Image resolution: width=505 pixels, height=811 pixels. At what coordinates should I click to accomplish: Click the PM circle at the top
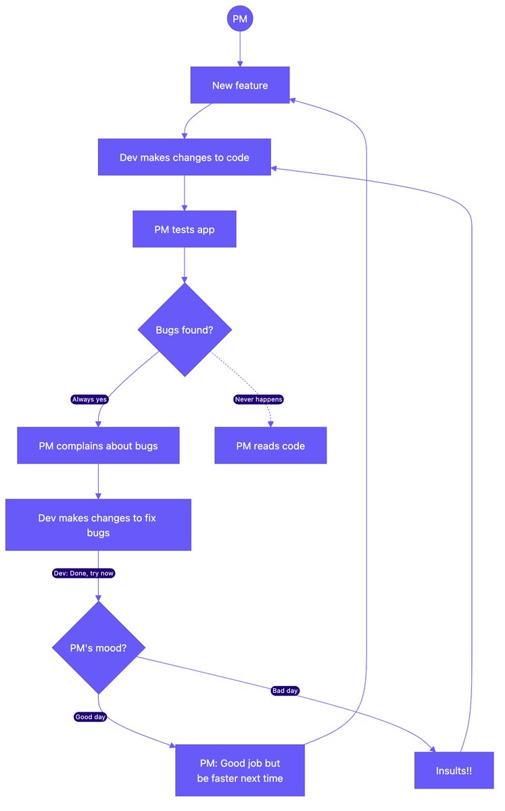click(x=240, y=18)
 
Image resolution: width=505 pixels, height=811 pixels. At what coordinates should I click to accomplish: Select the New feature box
click(x=240, y=85)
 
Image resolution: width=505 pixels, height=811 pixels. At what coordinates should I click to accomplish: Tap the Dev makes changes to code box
click(x=185, y=157)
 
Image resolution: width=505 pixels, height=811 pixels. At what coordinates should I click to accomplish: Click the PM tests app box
click(x=185, y=229)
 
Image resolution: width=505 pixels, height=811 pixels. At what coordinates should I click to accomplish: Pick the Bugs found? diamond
click(x=185, y=330)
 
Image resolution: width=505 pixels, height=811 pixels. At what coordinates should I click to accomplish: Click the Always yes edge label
click(x=89, y=399)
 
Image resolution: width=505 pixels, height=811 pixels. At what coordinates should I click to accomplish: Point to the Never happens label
click(x=258, y=399)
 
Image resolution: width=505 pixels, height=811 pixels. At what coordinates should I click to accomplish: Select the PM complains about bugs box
click(x=98, y=445)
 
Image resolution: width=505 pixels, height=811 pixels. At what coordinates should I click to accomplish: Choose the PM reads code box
click(x=270, y=445)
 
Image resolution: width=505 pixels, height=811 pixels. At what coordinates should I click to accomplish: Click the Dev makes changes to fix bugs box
click(x=98, y=525)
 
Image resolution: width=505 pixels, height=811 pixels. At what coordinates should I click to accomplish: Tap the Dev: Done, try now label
click(x=84, y=573)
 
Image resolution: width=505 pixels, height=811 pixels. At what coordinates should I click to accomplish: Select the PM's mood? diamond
click(x=99, y=647)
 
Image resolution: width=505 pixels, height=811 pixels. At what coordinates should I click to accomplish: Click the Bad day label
click(x=285, y=691)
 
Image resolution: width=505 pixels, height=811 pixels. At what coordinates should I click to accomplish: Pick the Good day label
click(x=90, y=717)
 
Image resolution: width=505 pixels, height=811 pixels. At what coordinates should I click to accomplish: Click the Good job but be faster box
click(x=240, y=770)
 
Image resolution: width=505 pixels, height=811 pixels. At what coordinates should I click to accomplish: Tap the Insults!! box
click(x=454, y=770)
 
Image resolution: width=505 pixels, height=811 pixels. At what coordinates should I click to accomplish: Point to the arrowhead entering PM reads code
click(x=270, y=424)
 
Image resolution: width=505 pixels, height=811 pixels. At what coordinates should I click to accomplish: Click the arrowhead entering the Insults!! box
click(x=433, y=749)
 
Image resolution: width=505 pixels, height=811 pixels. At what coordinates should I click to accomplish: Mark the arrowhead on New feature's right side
click(x=293, y=100)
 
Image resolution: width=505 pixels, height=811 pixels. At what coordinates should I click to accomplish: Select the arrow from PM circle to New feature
click(x=240, y=49)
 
